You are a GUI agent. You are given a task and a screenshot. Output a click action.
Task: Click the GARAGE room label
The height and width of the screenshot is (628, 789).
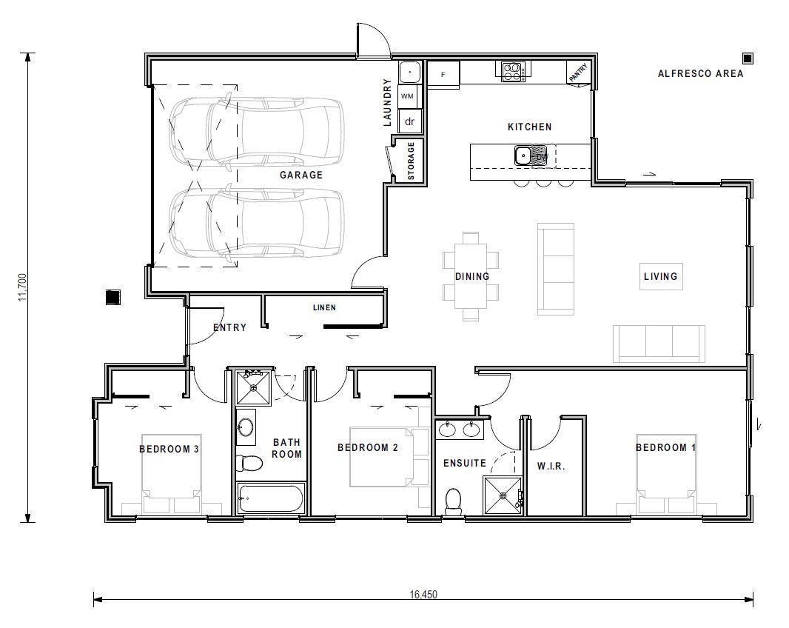click(x=301, y=176)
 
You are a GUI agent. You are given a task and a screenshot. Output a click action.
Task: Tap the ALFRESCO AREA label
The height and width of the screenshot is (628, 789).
click(x=700, y=73)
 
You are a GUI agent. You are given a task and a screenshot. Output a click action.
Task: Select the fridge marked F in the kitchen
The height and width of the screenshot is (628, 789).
click(x=443, y=75)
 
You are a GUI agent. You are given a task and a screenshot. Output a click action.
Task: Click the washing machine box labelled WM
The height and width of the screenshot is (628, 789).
click(x=408, y=96)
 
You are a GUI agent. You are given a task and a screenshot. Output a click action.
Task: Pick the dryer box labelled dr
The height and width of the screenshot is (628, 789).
click(x=409, y=121)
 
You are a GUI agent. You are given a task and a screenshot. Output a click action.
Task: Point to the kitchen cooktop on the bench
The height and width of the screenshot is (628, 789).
click(x=513, y=71)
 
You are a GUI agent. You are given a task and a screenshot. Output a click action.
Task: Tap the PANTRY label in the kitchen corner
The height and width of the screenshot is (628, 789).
click(x=579, y=73)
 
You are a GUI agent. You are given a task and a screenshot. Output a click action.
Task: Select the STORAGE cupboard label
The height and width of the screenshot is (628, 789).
click(x=412, y=161)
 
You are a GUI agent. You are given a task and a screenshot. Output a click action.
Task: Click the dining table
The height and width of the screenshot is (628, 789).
click(x=471, y=276)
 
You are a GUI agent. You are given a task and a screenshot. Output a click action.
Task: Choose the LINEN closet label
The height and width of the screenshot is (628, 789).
click(x=324, y=307)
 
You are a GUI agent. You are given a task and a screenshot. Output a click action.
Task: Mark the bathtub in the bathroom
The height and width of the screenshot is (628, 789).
click(x=270, y=498)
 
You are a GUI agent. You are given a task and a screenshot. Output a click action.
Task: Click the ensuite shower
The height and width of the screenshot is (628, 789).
click(x=503, y=495)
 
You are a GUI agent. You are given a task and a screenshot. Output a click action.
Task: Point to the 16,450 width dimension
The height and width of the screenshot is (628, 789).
click(x=423, y=594)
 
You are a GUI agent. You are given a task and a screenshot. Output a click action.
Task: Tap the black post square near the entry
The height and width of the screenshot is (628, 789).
click(x=113, y=297)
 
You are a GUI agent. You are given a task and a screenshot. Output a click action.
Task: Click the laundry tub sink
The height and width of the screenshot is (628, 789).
click(x=409, y=73)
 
